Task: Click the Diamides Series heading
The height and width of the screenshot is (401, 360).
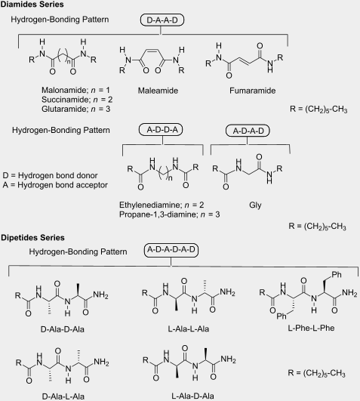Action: [x=32, y=5]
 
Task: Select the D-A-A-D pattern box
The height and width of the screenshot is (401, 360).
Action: [x=162, y=20]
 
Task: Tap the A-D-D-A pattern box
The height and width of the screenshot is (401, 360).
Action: [x=161, y=130]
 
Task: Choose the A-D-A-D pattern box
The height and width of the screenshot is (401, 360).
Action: [x=248, y=131]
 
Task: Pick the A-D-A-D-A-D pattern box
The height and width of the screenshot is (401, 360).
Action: [x=171, y=250]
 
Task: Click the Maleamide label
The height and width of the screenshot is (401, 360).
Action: [x=158, y=91]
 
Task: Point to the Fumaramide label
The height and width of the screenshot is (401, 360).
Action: [x=252, y=91]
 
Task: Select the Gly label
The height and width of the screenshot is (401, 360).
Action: [x=255, y=205]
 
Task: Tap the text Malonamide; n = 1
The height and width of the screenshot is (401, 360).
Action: [x=75, y=90]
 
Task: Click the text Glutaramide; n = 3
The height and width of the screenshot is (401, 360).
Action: [x=76, y=109]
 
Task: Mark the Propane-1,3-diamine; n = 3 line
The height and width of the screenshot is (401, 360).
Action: [x=169, y=214]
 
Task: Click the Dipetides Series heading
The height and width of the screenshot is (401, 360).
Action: [x=32, y=238]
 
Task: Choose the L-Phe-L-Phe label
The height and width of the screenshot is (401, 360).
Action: [x=311, y=328]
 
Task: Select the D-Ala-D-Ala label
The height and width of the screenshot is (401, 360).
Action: [x=63, y=329]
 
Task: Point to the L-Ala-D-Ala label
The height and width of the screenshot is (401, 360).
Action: [x=192, y=396]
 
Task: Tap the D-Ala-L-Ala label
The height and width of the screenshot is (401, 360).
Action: [x=63, y=396]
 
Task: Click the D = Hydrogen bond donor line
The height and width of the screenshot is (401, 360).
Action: [x=50, y=175]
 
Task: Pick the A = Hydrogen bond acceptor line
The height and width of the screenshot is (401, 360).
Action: [x=55, y=185]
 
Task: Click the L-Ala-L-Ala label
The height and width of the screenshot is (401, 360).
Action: [x=189, y=329]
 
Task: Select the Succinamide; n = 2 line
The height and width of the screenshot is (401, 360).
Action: [x=77, y=100]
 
